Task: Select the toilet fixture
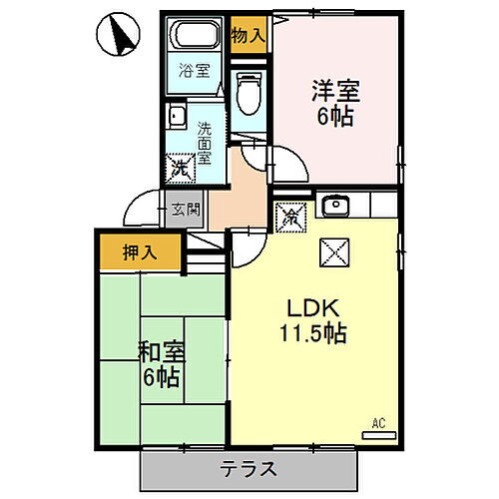(249, 93)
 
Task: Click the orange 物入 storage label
(248, 34)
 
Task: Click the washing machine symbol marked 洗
(180, 168)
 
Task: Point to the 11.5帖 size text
(313, 333)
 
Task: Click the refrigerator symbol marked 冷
(290, 215)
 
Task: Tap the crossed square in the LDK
(332, 252)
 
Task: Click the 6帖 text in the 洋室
(335, 116)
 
